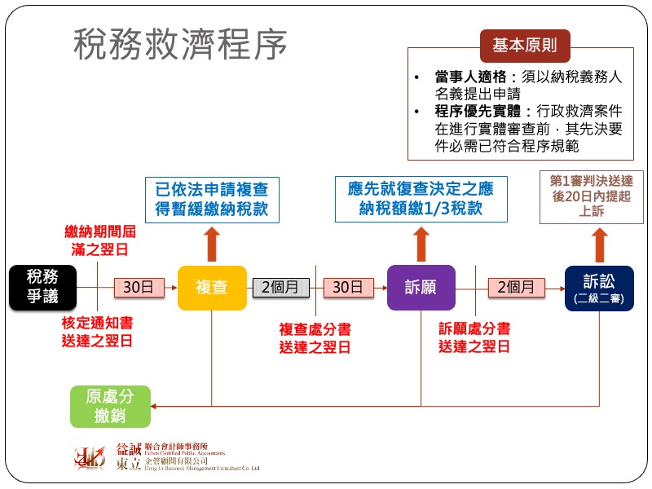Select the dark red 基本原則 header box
coord(524,46)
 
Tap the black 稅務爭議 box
coord(42,287)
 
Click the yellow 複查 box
coord(212,287)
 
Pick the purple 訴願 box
coord(421,287)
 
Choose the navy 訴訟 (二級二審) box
coord(599,288)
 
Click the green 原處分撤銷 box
coord(110,406)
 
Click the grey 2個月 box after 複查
coord(280,287)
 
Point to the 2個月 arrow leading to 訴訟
coord(518,287)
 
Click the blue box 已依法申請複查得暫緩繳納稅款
coord(211,198)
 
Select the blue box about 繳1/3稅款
coord(421,198)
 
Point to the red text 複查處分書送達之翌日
coord(315,337)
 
